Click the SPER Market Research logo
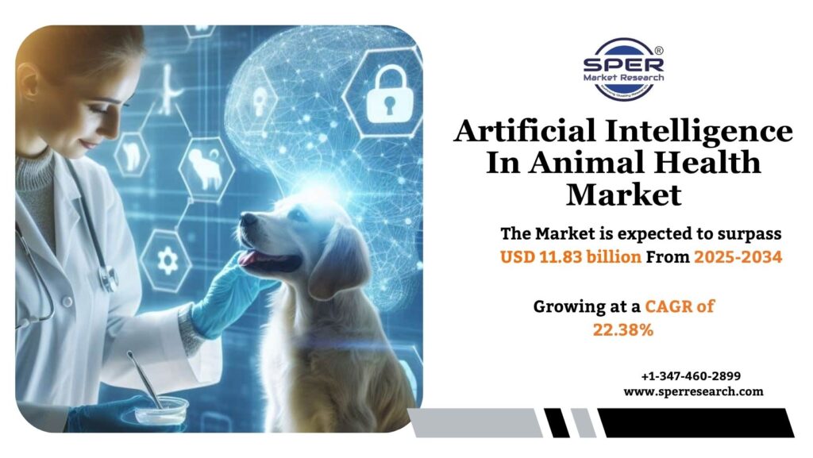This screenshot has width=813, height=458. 623,68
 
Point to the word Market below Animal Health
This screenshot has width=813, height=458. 623,194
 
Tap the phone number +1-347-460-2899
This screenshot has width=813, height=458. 690,375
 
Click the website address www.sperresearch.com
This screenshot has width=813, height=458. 693,391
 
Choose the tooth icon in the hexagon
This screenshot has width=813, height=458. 129,154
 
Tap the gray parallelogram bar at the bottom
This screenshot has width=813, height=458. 476,421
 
